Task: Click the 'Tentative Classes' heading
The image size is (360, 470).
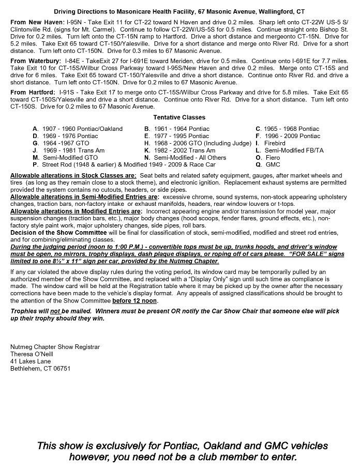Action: [x=179, y=117]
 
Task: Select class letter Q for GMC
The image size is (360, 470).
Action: [x=258, y=164]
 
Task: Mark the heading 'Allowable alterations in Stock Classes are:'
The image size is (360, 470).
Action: [x=73, y=176]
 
